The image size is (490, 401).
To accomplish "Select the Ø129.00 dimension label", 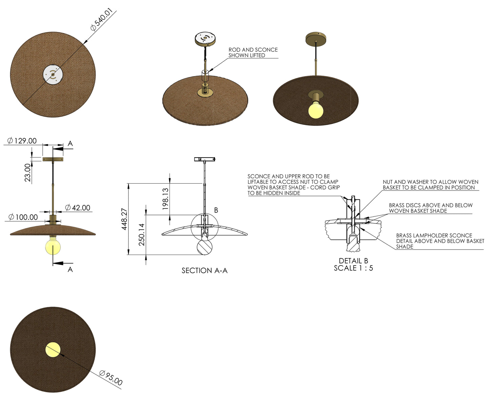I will click(x=22, y=141).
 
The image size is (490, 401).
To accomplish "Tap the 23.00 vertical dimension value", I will click(x=27, y=172).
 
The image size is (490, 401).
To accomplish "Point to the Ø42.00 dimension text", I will click(x=78, y=207).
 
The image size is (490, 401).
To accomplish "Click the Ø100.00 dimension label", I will click(x=23, y=217).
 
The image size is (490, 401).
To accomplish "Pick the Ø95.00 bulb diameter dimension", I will click(x=111, y=378).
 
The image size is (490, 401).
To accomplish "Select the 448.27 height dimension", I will click(x=124, y=219).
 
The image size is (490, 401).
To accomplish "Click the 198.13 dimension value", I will click(x=165, y=199).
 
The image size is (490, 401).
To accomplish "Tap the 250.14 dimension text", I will click(x=142, y=234).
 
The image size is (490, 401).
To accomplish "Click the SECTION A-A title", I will click(x=204, y=271).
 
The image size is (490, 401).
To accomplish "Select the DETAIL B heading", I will click(x=353, y=261).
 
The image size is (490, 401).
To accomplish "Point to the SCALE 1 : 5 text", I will click(x=353, y=268).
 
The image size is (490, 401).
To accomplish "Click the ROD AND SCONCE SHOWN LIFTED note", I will click(x=253, y=52).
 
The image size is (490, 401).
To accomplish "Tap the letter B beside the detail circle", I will click(x=216, y=210).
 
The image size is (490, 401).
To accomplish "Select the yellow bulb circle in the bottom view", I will click(x=53, y=350).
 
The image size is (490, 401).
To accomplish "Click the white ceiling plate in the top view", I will click(x=53, y=74).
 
